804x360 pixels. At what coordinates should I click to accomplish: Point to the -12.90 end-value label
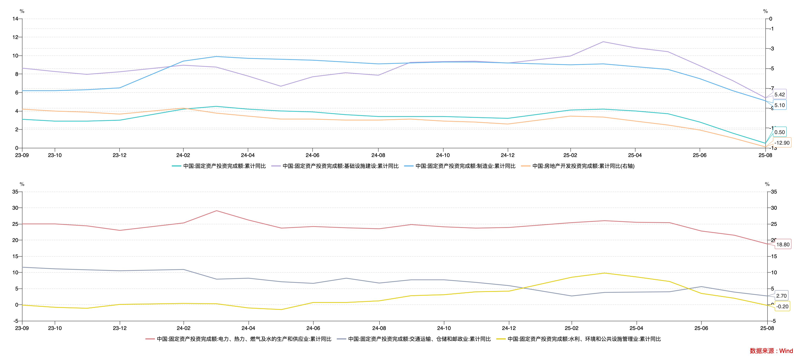point(782,143)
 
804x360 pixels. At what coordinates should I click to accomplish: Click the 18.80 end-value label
point(783,244)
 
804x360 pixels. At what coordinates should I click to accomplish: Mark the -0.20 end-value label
point(782,306)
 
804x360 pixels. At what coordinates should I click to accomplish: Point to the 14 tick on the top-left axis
point(15,19)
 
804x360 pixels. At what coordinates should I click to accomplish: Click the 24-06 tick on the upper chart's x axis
point(312,155)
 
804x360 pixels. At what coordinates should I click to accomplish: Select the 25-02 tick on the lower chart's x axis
point(571,328)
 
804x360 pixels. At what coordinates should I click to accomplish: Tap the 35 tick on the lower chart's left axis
point(15,192)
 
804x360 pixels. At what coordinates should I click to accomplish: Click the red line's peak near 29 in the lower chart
point(217,211)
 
